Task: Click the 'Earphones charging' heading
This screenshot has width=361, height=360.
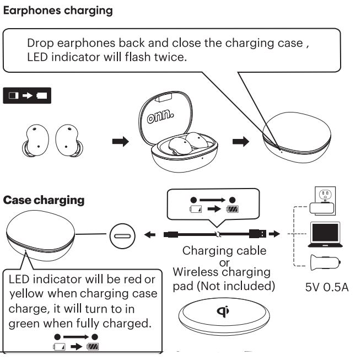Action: [58, 11]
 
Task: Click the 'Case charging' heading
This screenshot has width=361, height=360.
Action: [44, 200]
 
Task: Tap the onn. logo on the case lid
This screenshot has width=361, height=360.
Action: [160, 116]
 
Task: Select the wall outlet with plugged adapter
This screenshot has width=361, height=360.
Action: [323, 201]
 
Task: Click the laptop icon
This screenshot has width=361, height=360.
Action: [325, 234]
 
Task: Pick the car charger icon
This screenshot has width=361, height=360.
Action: [325, 262]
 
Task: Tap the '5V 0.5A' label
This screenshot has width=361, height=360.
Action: [327, 287]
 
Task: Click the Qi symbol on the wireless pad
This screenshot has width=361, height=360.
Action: [223, 311]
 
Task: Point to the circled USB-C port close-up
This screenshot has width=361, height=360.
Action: [122, 236]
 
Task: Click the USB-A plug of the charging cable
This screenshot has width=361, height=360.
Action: [257, 234]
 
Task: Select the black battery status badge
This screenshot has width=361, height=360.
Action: [27, 95]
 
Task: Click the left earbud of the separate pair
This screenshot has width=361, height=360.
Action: [36, 141]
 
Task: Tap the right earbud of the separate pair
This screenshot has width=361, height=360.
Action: [69, 141]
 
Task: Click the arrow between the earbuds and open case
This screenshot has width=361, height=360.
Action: [120, 141]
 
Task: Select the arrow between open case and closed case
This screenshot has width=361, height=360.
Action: [241, 141]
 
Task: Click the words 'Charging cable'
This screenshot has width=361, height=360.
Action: [224, 251]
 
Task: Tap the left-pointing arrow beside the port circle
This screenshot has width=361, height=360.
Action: [150, 235]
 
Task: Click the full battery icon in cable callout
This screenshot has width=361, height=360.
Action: [232, 209]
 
